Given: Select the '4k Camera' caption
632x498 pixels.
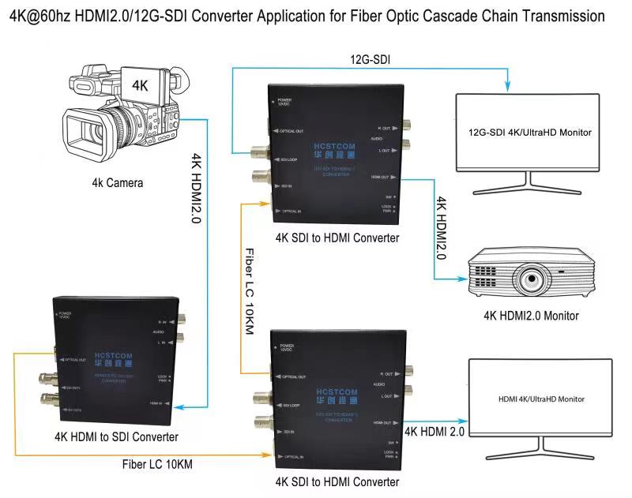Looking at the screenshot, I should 118,183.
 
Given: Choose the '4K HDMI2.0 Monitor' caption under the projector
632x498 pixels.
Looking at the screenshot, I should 531,316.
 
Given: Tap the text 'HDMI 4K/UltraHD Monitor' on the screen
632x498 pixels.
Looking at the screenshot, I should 541,399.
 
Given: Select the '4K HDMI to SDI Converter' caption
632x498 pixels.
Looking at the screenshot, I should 116,436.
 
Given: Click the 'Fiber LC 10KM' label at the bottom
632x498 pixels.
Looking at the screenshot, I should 158,464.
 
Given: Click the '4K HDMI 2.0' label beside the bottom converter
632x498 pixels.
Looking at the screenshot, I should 434,432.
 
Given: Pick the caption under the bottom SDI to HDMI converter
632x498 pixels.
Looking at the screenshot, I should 337,481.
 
